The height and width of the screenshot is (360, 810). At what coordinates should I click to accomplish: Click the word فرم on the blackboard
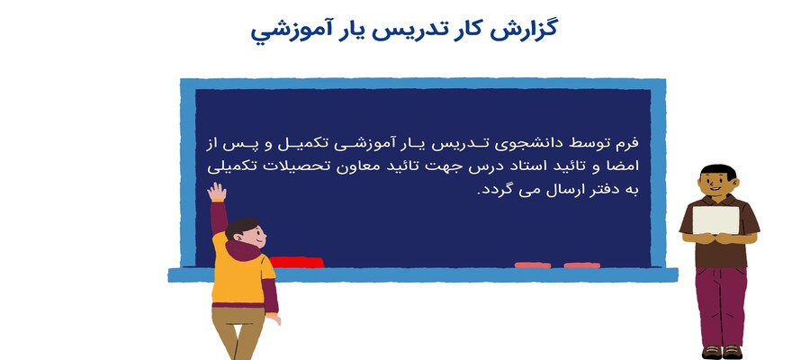628,142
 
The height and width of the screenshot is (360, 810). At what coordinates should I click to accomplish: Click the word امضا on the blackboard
625,166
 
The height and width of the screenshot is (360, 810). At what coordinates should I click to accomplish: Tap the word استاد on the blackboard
525,166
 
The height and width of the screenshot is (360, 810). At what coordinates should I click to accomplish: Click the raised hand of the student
217,192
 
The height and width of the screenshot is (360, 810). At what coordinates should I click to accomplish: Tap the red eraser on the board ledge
296,263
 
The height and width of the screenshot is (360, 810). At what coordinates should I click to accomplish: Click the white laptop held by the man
715,220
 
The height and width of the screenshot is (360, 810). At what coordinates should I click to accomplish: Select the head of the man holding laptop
717,181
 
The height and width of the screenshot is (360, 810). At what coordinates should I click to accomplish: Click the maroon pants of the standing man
722,305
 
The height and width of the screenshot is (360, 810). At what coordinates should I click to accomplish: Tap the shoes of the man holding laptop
721,352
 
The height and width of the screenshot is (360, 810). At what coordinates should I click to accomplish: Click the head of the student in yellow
246,233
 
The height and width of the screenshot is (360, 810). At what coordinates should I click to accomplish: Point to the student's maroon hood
243,251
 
